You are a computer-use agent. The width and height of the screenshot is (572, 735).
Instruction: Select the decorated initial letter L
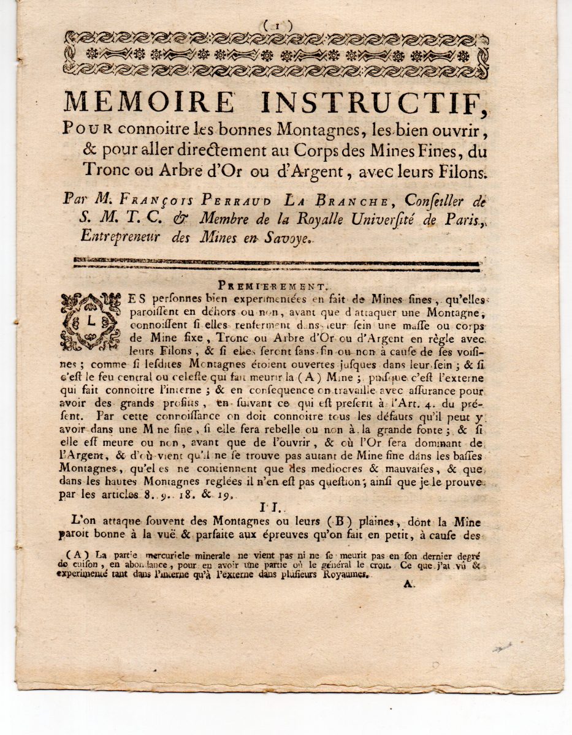click(91, 321)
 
